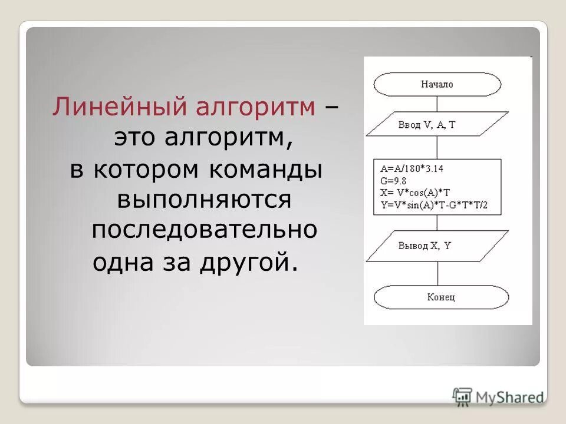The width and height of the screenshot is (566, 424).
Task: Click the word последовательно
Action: coord(204,230)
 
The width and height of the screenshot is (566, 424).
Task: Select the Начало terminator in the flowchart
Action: coord(437,85)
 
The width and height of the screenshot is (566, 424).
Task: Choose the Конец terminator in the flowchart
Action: coord(441,297)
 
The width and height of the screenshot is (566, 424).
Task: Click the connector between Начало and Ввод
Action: coord(437,104)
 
